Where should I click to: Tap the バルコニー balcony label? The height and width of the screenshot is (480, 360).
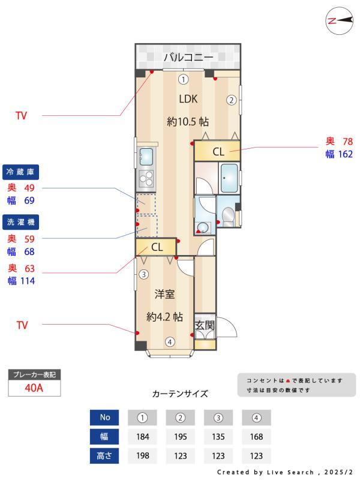pos(188,58)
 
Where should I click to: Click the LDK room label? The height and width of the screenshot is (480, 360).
pos(188,99)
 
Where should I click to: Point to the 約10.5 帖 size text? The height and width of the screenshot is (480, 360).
pos(183,121)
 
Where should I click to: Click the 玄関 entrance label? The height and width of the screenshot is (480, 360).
pos(205,325)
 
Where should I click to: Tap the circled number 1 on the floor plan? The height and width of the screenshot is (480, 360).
pos(183,79)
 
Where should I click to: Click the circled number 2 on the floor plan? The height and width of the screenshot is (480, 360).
pos(230,100)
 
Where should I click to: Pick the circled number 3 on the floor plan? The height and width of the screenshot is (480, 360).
pos(143,275)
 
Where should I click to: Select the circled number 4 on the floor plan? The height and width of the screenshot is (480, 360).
pos(170,343)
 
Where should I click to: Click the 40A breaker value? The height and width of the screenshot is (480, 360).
pos(34,388)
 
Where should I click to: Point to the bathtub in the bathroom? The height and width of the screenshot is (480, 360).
pos(229,178)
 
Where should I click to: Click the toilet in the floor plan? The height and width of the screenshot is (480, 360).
pos(227,215)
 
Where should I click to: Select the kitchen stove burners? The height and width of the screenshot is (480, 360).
pos(146,178)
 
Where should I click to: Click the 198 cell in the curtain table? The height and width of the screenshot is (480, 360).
pos(142,455)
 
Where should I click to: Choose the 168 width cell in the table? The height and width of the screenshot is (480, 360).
pos(256,436)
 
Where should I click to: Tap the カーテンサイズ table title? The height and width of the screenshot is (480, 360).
pos(180,394)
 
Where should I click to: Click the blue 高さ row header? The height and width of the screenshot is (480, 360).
pos(105,455)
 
